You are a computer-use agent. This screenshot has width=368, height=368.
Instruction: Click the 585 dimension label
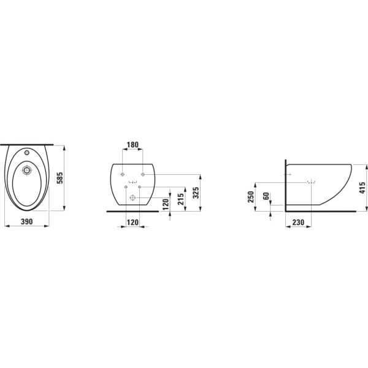coord(60,178)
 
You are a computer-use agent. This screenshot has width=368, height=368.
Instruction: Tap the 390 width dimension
coord(27,221)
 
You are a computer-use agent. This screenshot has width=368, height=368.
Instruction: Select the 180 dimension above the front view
coord(132,145)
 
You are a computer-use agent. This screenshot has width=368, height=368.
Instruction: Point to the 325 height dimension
coord(196,193)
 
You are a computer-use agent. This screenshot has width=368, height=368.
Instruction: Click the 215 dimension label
coord(181,199)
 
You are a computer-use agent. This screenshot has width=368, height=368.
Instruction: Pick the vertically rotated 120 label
coord(166,205)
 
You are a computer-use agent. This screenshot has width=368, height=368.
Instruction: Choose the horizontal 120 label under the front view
coord(132,222)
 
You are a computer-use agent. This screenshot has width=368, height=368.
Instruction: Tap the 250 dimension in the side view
coord(251,197)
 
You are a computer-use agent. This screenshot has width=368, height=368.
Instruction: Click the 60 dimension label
coord(266,196)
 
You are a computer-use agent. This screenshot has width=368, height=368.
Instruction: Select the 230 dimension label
coord(298,222)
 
